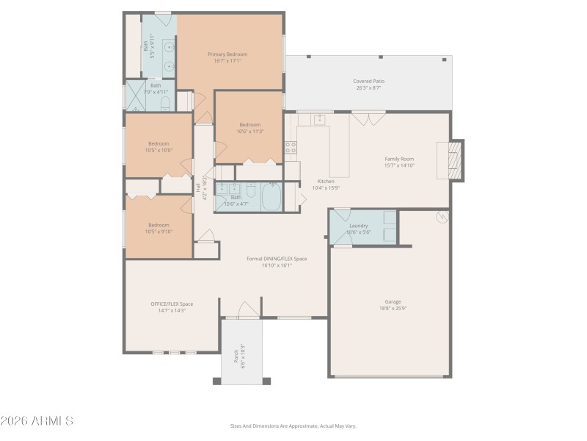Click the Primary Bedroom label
[x=227, y=54]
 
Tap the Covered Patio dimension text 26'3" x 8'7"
[x=368, y=88]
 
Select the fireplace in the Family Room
[x=455, y=157]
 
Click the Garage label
[x=393, y=301]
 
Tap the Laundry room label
[x=358, y=226]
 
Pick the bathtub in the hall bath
[x=271, y=197]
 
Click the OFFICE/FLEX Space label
[x=172, y=304]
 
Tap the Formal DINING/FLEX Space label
[x=277, y=259]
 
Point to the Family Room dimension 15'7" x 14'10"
[x=399, y=166]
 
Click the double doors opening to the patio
[x=366, y=118]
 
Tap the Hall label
[x=198, y=188]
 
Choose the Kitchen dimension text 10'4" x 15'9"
[x=325, y=188]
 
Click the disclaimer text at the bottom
[x=293, y=426]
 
